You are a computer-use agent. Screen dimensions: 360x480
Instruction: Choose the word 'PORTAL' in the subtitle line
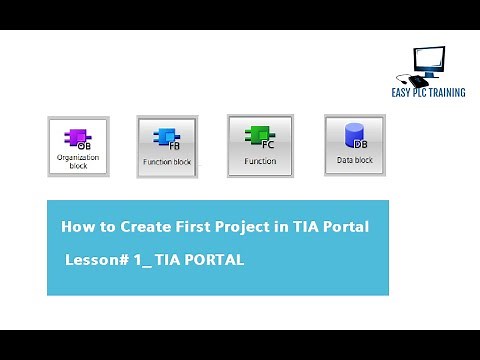click(x=210, y=260)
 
